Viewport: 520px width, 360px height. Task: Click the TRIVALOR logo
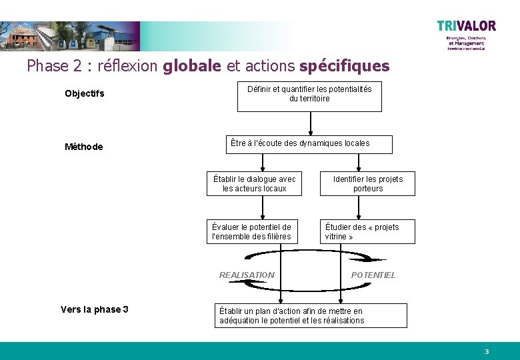pos(466,27)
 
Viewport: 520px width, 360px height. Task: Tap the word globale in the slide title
pos(193,66)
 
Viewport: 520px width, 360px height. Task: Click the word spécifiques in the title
pos(344,66)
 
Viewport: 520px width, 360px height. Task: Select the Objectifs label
pos(85,93)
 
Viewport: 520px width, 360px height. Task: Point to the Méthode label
pos(84,147)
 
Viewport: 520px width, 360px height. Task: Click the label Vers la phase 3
pos(95,309)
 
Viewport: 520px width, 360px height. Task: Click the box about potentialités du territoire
pos(309,97)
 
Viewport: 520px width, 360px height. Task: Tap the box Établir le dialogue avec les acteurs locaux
pos(254,183)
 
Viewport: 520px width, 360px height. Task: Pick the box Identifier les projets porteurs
pos(367,183)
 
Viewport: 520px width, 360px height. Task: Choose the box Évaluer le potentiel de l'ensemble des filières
pos(252,231)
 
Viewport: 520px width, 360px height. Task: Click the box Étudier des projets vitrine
pos(367,231)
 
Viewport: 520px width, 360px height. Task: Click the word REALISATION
pos(247,275)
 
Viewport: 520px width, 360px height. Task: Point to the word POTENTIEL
pos(373,275)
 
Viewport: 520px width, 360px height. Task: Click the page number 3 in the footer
pos(487,351)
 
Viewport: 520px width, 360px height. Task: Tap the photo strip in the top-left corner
pos(70,35)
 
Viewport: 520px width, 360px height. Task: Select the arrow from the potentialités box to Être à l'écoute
pos(310,123)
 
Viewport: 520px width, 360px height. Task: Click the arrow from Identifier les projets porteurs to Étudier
pos(360,207)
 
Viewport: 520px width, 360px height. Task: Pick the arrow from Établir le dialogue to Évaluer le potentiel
pos(263,207)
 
